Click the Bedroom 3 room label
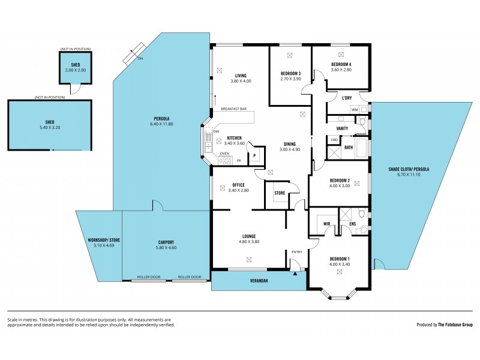pos(290,73)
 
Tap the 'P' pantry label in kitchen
pos(254,155)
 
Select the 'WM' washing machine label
pos(355,110)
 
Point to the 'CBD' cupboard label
pos(334,139)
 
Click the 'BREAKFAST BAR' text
pos(234,109)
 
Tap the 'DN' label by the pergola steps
pos(140,59)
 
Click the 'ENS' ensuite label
pos(352,224)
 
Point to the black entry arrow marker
pos(295,273)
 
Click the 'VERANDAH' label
pos(259,280)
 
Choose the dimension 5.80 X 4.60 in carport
pos(166,247)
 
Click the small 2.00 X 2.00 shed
pos(75,68)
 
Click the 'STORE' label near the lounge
pos(280,193)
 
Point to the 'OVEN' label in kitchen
pos(224,154)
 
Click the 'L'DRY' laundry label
pos(346,98)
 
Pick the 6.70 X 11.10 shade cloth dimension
pos(409,175)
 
